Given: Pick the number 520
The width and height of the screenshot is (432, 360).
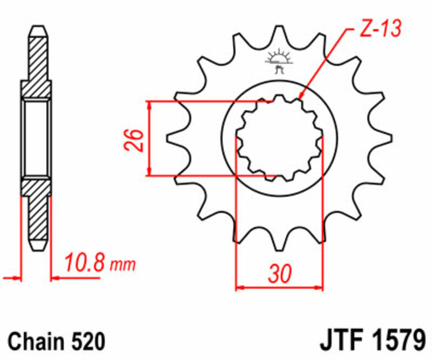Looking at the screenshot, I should coord(86,342).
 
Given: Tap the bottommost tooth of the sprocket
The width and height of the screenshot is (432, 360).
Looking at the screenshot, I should coord(279,243).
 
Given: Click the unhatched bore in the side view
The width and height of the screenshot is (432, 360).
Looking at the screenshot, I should coord(37,138).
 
